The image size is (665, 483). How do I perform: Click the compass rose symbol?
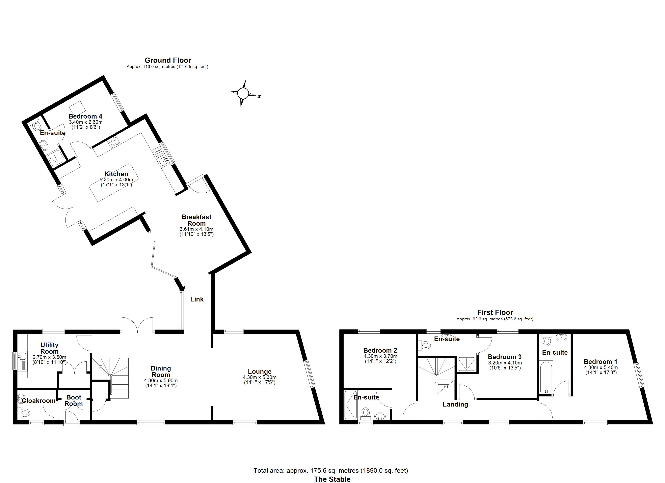243,93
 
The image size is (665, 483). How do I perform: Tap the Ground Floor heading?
168,60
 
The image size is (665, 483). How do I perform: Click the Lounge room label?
260,372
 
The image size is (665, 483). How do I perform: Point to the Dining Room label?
161,372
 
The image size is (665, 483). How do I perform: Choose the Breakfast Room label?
196,220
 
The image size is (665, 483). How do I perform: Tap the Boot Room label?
74,400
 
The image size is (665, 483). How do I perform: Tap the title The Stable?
332,479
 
